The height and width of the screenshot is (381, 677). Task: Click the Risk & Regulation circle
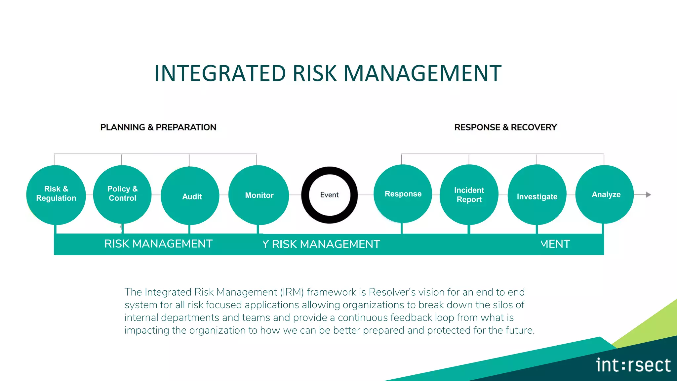(56, 194)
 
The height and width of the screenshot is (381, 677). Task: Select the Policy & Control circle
(122, 194)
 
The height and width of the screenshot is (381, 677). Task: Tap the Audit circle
(190, 196)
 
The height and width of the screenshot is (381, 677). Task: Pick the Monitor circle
(259, 195)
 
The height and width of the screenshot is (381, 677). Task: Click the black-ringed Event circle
(329, 195)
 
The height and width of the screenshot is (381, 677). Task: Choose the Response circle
(403, 194)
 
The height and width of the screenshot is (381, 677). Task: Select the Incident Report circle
(469, 194)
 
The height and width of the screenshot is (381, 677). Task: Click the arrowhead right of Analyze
(648, 195)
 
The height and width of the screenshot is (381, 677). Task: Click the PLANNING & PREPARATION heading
(158, 127)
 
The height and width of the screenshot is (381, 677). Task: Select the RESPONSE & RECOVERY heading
(505, 127)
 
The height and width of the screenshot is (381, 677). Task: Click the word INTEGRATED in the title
(220, 73)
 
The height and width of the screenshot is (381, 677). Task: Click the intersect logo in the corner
(633, 365)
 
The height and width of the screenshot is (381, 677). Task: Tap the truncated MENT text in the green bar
(555, 244)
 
